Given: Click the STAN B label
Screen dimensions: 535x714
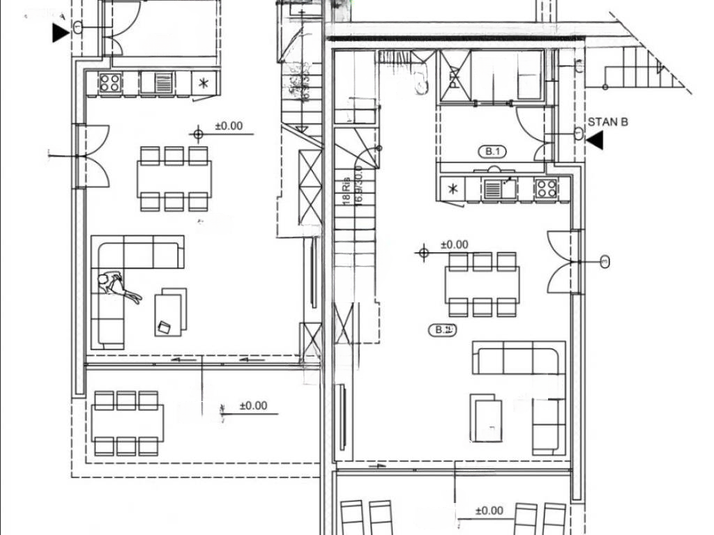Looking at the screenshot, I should click(608, 122).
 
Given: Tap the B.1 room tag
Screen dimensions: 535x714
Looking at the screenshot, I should click(493, 151).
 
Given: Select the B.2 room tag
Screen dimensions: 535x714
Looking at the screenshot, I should click(442, 330).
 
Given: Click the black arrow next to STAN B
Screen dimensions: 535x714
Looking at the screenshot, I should click(595, 141).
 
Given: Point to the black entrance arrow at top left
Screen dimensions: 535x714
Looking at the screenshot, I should click(61, 32).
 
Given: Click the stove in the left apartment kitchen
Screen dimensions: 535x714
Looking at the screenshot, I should click(110, 83).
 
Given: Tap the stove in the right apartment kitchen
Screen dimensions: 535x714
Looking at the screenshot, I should click(546, 188).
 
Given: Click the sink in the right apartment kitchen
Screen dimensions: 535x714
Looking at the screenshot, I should click(499, 188).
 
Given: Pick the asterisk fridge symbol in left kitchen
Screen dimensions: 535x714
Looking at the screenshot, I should click(204, 84).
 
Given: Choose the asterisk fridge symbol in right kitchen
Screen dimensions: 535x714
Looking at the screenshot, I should click(453, 189).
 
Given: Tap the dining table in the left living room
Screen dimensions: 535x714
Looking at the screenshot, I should click(174, 178).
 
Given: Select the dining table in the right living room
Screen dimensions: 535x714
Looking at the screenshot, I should click(483, 284).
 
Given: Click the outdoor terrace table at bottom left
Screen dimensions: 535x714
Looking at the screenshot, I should click(127, 423).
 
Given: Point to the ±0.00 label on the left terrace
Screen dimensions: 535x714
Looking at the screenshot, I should click(253, 405).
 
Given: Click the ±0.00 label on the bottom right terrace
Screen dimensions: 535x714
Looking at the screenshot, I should click(489, 511).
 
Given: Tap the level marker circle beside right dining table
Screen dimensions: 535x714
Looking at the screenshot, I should click(423, 252).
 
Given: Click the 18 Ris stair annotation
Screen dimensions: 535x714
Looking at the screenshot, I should click(346, 189).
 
